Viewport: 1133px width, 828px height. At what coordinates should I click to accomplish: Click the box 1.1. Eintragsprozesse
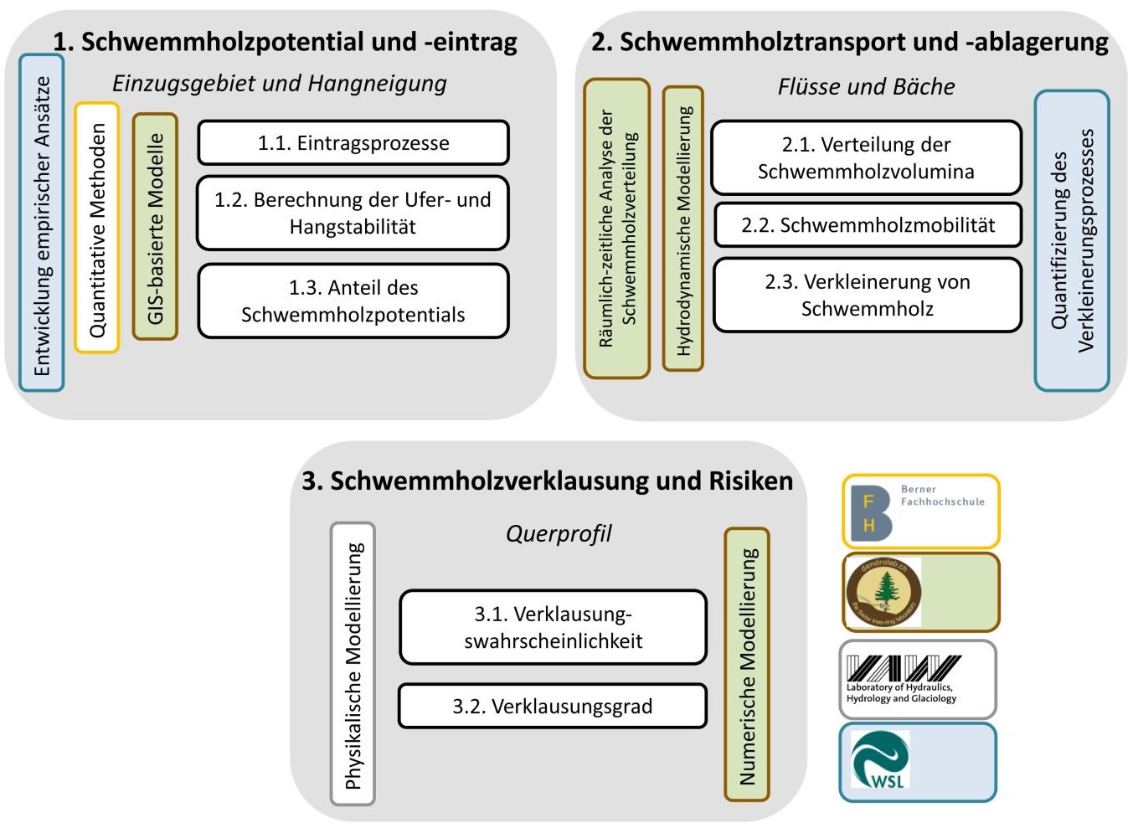[353, 143]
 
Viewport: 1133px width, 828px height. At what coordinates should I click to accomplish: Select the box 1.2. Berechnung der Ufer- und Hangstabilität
[353, 213]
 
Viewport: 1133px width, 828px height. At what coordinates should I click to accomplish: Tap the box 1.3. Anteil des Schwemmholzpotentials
[353, 301]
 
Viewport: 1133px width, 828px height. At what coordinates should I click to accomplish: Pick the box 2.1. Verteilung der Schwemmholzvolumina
[866, 157]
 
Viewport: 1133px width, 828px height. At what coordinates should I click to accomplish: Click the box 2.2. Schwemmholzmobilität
[868, 224]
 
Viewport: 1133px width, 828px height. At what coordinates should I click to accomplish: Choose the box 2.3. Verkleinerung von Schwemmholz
[867, 295]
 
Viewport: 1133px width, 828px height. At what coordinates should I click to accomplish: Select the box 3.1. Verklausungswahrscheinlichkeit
[553, 627]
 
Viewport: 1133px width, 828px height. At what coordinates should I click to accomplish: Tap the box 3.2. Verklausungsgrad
[552, 706]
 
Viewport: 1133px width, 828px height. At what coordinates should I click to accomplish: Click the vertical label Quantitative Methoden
[97, 228]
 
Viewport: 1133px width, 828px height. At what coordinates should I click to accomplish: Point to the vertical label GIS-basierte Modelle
[155, 227]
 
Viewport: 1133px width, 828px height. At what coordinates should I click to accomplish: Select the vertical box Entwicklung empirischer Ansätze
[42, 224]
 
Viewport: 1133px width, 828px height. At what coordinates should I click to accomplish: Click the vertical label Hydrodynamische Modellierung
[683, 229]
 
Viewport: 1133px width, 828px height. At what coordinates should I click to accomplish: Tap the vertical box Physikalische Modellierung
[353, 664]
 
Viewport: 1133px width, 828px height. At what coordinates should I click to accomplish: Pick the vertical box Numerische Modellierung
[747, 665]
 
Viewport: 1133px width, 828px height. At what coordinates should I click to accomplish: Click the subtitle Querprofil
[559, 533]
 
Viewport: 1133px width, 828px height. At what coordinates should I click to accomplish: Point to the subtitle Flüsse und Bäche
[866, 86]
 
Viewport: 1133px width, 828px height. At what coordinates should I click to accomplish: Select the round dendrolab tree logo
[883, 592]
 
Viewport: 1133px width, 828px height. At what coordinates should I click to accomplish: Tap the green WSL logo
[880, 759]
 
